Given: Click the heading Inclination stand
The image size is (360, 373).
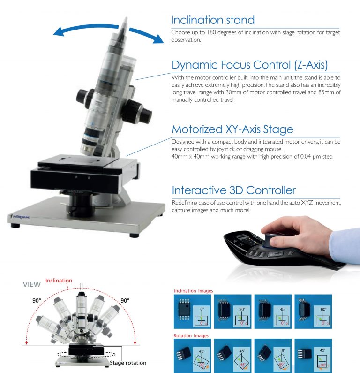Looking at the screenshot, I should tap(213, 20).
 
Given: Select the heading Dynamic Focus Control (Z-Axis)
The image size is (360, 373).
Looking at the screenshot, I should tap(249, 65).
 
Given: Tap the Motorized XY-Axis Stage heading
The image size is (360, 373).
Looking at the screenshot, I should tap(232, 129).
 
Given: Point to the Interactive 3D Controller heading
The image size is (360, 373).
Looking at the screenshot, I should tap(234, 190).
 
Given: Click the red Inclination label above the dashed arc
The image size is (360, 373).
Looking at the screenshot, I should tap(59, 281).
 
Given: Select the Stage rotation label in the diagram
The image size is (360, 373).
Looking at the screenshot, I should tap(127, 363).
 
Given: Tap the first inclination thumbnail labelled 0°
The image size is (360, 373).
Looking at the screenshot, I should tap(193, 311).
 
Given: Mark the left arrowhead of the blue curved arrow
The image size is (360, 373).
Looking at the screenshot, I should tap(57, 32).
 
